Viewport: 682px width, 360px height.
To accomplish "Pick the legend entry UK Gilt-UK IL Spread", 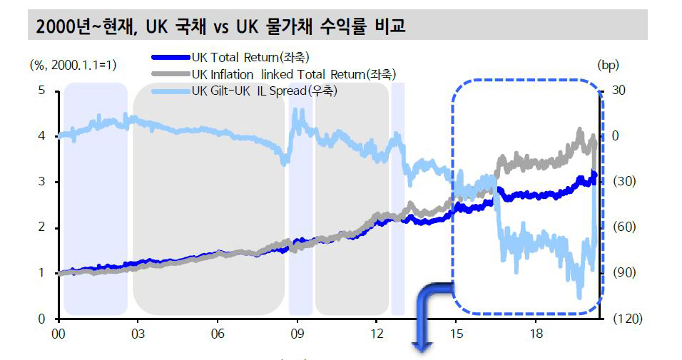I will (x=263, y=91).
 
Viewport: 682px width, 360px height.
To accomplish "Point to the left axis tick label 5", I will (x=41, y=91).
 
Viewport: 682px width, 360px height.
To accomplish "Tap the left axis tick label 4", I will (x=41, y=136).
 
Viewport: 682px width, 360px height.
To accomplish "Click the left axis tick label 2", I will (x=41, y=227).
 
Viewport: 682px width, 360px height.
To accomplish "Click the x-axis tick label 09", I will (x=297, y=332).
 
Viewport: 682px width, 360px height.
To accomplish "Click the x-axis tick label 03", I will (x=138, y=332).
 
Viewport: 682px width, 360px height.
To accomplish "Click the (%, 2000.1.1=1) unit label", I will (x=73, y=65).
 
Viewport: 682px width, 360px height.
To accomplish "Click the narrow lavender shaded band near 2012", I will (x=397, y=200).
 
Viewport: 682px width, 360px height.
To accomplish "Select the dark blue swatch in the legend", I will (x=171, y=57).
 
